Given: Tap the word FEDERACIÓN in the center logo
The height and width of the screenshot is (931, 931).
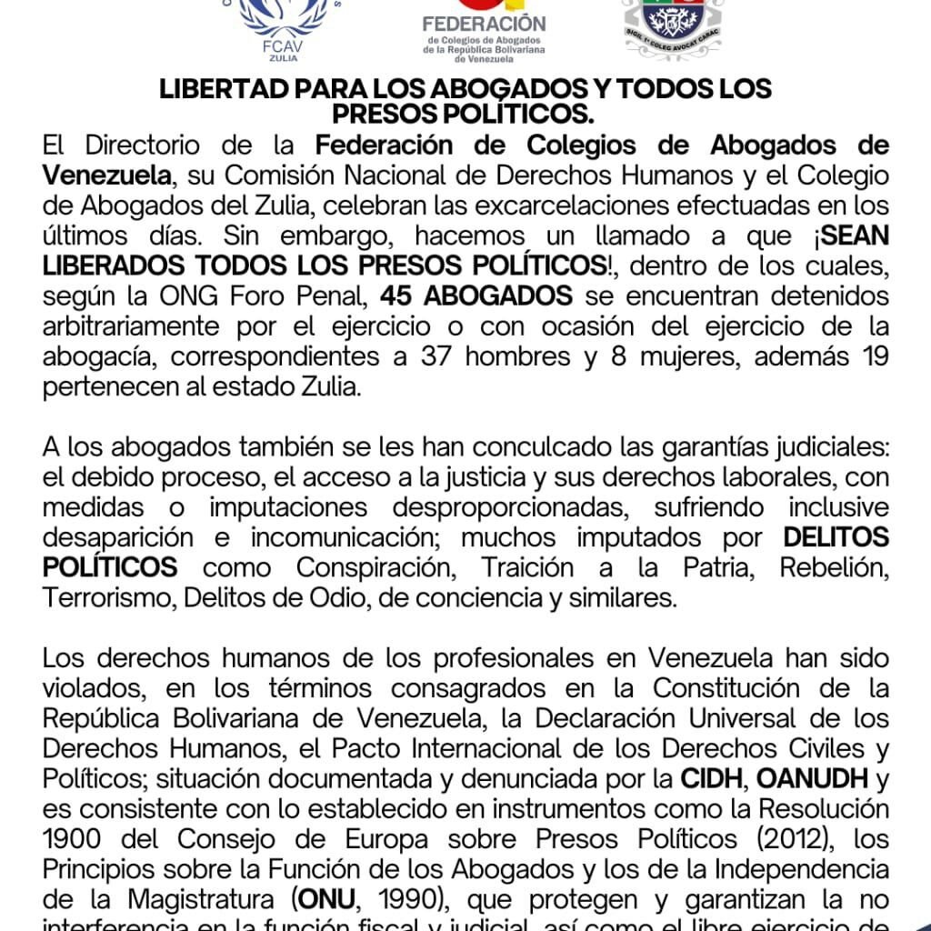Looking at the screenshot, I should pos(485,23).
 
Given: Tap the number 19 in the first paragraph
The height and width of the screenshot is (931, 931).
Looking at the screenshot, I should pos(871,356).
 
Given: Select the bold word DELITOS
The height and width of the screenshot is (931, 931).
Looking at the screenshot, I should pos(836,537).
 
